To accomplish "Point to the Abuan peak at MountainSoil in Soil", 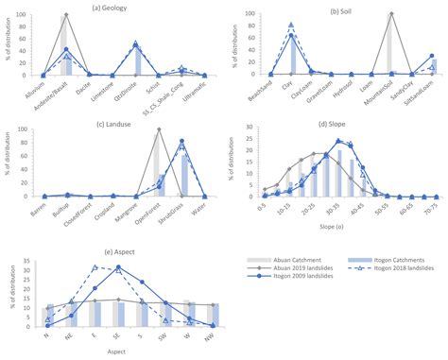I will tap(390, 14).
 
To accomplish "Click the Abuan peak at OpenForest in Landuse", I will tap(158, 129).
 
